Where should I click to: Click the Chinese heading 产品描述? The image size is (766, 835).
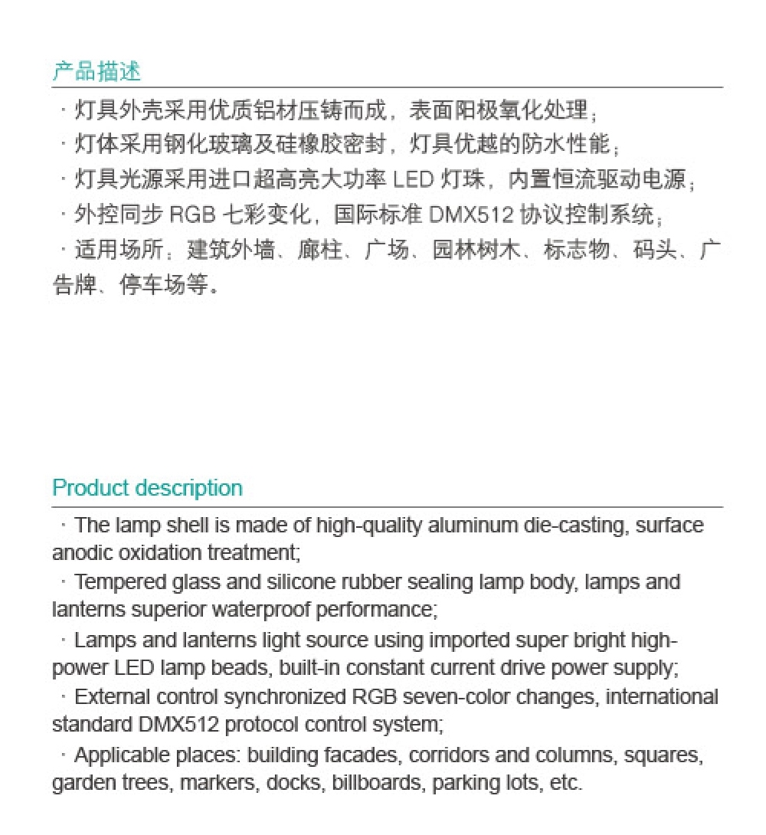point(97,72)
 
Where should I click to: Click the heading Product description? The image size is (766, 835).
point(147,488)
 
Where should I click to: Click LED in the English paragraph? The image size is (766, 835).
point(135,667)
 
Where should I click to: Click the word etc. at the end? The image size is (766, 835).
point(566,783)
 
